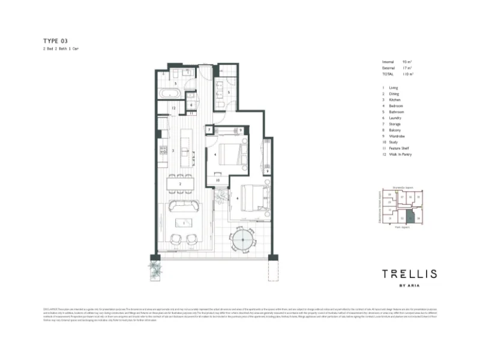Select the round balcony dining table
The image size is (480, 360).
coord(243,244)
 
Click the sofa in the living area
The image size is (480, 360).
coord(184,206)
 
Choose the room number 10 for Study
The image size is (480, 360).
coord(218,179)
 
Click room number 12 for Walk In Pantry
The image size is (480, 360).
coord(172,108)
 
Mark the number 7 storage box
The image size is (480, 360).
coord(209,130)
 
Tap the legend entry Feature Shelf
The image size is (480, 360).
coord(398,148)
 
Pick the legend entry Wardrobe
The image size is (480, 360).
coord(395,136)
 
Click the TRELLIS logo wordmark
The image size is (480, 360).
coord(409,275)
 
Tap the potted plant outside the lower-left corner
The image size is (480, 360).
coord(156,268)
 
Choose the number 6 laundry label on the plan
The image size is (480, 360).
coord(190,105)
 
